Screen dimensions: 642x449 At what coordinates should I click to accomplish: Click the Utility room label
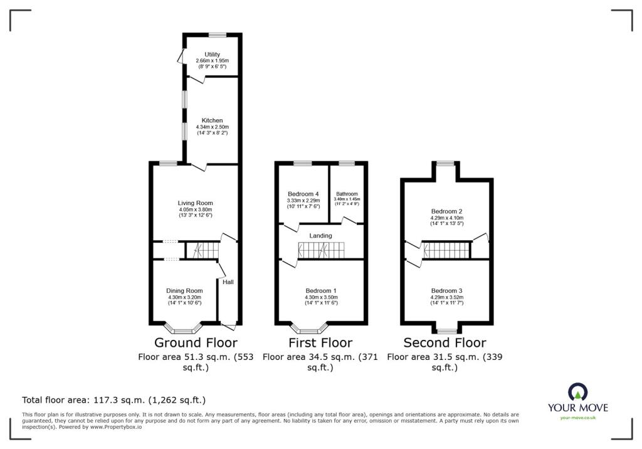click(212, 54)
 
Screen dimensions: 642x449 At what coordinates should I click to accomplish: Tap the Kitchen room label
click(212, 120)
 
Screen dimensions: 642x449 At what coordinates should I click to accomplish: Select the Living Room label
click(196, 203)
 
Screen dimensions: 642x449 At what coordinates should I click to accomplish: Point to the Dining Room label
click(184, 291)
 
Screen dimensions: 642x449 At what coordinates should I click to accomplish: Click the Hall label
click(228, 282)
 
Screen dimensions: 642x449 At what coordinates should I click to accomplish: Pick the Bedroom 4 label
click(303, 194)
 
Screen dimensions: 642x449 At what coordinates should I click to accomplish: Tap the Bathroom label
click(347, 194)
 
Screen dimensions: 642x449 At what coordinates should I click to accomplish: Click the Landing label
click(320, 236)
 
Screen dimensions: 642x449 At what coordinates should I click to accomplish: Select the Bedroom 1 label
click(321, 291)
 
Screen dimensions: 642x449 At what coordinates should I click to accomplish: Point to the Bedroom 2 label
click(446, 211)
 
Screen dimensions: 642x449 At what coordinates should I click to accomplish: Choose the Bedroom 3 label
click(446, 291)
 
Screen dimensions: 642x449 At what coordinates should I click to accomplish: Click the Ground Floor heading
click(196, 342)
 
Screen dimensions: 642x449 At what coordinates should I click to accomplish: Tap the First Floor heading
click(320, 342)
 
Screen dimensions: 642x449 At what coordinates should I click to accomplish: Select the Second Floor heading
click(445, 342)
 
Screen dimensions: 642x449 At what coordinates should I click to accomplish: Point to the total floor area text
click(114, 400)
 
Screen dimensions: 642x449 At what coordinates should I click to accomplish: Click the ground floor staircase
click(202, 250)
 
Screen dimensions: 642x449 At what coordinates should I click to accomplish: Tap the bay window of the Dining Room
click(184, 328)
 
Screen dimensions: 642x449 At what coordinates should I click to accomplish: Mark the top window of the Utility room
click(217, 35)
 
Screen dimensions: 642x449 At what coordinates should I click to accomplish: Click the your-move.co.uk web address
click(577, 418)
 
